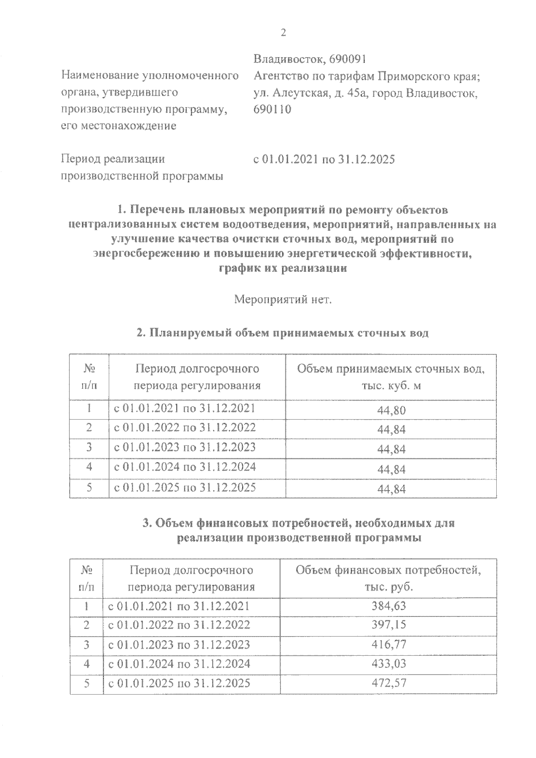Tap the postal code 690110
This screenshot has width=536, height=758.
point(272,109)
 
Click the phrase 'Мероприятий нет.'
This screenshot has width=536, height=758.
point(283,299)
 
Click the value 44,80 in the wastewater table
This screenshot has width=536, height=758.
point(391,410)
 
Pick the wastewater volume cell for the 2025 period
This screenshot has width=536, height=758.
point(391,489)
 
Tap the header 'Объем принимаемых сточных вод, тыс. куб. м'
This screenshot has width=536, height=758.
point(391,377)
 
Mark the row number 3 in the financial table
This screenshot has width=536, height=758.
point(87,644)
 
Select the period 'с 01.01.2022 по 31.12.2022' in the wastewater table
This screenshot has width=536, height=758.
point(185,428)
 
